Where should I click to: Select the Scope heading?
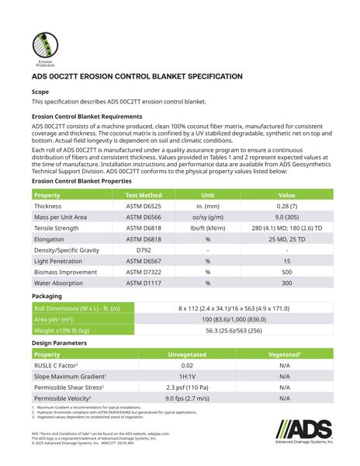point(40,91)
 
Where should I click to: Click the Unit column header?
point(208,195)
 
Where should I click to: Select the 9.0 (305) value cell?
point(286,217)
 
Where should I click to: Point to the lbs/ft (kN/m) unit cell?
point(208,228)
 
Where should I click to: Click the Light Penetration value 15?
point(286,262)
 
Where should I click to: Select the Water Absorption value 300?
point(286,283)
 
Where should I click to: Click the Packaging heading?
point(47,297)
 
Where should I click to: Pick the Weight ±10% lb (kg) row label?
point(62,330)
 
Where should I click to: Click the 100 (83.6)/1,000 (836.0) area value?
point(234,319)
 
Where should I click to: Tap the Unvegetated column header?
point(187,353)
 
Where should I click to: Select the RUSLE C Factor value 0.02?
point(187,365)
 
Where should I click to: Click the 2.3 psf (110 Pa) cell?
point(187,387)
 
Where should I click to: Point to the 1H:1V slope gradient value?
point(187,376)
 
